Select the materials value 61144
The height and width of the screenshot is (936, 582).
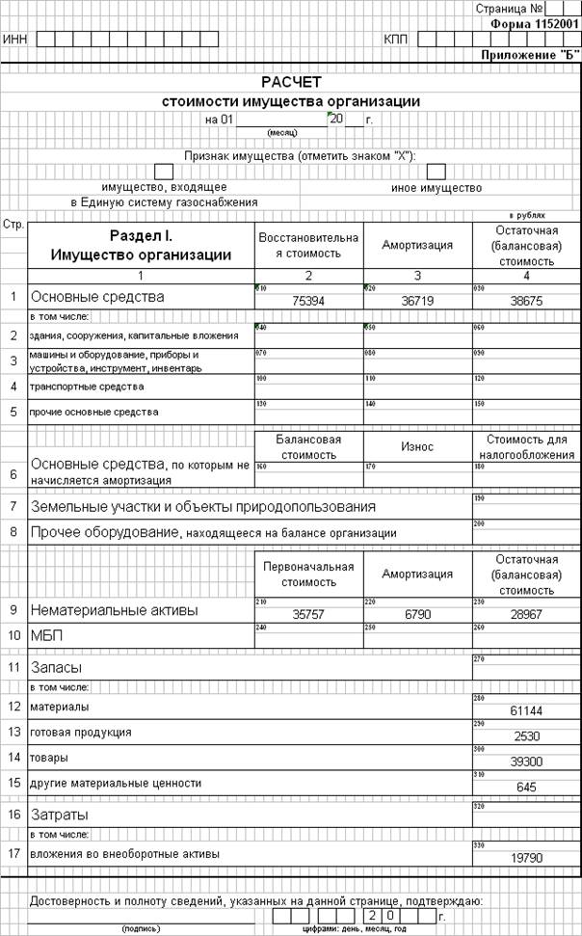(526, 711)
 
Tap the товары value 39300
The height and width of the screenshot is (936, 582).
(526, 762)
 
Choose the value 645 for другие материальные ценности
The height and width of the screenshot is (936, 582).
(526, 787)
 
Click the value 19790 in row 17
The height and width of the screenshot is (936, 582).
(526, 858)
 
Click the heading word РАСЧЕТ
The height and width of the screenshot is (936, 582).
(290, 82)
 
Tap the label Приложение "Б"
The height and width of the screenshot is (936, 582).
(531, 55)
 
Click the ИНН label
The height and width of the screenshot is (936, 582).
(15, 40)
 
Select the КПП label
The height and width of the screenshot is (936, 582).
(395, 40)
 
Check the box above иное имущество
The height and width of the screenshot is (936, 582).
(436, 172)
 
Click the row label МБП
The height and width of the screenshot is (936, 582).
(45, 635)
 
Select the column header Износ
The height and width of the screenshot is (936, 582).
(417, 447)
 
